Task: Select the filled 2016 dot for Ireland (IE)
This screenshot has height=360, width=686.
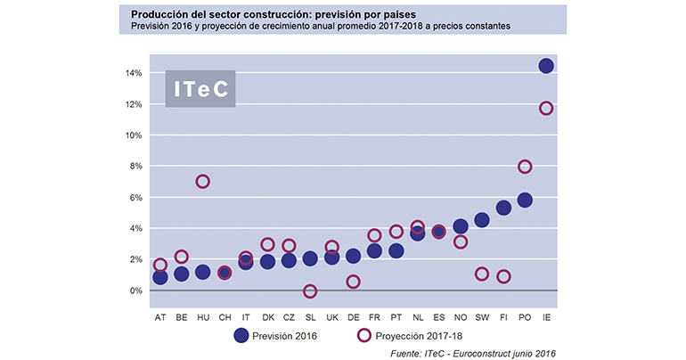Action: [x=546, y=66]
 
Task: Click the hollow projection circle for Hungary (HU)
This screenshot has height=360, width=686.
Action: [x=202, y=182]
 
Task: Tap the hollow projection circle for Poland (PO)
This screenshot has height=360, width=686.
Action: [x=525, y=167]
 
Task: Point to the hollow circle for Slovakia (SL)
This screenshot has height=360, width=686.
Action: [x=310, y=291]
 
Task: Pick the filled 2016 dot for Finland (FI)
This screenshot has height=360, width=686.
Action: [x=503, y=208]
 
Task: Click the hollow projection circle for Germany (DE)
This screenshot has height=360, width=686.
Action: [x=353, y=282]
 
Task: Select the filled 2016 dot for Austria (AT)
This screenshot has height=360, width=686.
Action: [x=160, y=277]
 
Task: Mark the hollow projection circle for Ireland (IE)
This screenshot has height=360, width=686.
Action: [x=546, y=109]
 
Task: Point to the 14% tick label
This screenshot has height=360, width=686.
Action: [x=134, y=73]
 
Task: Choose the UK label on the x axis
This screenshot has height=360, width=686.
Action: [x=331, y=316]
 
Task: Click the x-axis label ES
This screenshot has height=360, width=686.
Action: [x=438, y=316]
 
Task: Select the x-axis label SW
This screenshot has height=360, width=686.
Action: [x=481, y=316]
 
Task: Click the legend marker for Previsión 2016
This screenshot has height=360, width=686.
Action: [x=240, y=336]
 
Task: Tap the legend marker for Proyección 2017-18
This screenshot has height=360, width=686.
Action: [x=363, y=336]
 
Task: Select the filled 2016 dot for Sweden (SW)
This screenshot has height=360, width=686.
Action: [x=482, y=220]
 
